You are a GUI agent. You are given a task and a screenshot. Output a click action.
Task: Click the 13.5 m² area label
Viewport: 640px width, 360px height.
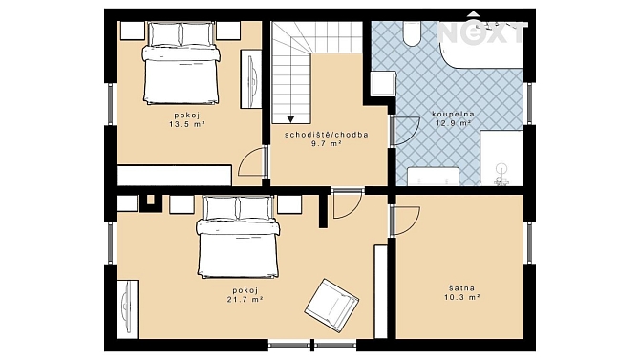[187, 125]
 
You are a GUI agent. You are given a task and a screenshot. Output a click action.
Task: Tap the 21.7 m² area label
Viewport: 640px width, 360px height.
[245, 300]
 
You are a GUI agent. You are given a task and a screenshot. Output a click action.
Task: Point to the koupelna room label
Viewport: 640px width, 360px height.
[454, 114]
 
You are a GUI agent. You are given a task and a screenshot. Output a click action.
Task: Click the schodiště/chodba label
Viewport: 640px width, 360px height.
[327, 135]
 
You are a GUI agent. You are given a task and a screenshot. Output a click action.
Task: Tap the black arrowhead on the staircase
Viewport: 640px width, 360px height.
[290, 119]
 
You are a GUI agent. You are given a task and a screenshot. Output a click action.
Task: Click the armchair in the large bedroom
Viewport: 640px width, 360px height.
[331, 305]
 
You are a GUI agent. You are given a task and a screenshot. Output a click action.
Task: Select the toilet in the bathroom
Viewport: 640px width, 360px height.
[412, 33]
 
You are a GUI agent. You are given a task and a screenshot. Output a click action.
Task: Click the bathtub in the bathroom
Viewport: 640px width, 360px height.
[480, 46]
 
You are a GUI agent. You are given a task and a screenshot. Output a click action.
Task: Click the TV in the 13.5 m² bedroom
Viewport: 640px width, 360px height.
[251, 78]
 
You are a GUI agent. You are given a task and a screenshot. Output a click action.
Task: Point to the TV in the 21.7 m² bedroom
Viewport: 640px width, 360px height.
[126, 308]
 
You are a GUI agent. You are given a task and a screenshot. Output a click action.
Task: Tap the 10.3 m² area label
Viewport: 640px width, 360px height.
[462, 298]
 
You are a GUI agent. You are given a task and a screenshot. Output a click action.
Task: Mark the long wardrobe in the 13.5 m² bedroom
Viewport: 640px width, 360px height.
[174, 175]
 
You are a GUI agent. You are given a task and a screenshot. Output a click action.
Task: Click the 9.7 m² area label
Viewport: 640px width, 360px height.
[327, 143]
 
